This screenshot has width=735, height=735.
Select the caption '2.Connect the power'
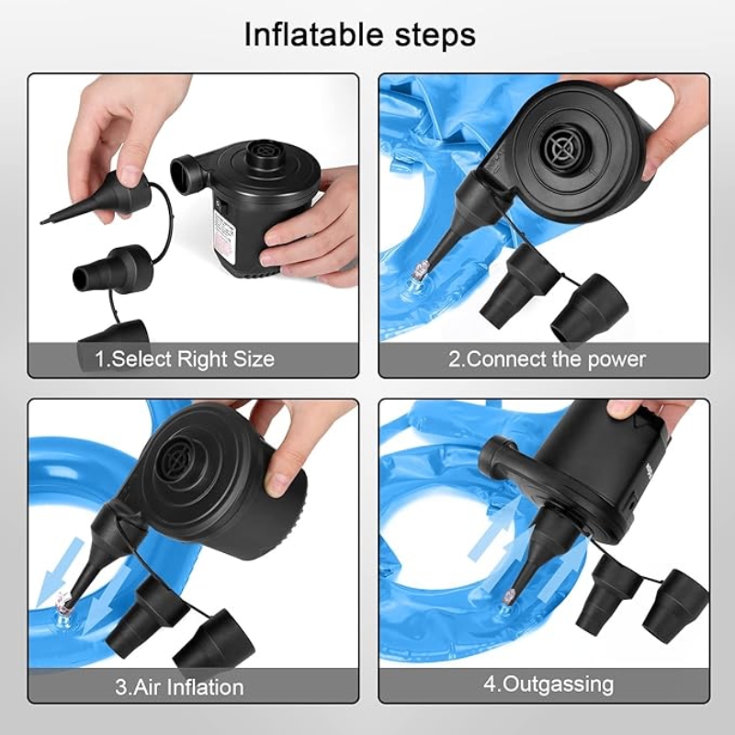tap(547, 359)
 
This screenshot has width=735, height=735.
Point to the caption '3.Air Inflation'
tap(179, 686)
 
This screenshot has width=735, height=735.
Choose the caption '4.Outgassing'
tap(548, 685)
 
